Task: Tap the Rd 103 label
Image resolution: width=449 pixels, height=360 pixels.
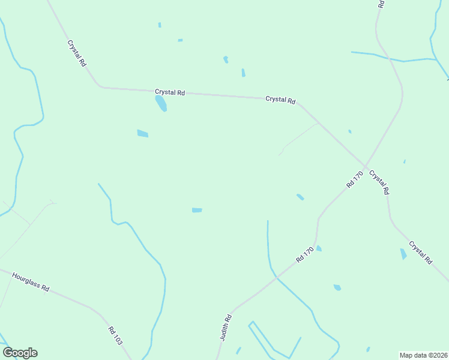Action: [x=115, y=335]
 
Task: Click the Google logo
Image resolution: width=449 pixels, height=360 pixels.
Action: [x=20, y=353]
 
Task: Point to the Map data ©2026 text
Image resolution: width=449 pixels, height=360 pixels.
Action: [x=424, y=355]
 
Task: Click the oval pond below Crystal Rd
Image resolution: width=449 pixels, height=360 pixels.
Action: [x=161, y=104]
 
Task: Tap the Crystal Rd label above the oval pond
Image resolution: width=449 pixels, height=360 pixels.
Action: [x=170, y=92]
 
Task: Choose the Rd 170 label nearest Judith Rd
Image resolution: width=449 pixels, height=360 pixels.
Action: [x=305, y=254]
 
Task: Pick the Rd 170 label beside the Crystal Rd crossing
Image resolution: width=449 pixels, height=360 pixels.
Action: [x=355, y=179]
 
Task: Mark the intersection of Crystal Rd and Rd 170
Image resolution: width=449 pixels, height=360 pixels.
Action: [x=366, y=165]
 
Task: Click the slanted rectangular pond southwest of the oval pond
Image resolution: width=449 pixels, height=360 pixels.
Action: [x=142, y=133]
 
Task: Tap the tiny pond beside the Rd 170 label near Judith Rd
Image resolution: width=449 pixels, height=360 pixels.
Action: [x=319, y=248]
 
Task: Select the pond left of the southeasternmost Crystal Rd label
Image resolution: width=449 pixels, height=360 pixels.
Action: [x=403, y=254]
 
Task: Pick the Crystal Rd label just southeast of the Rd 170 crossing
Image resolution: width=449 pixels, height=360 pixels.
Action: [x=379, y=182]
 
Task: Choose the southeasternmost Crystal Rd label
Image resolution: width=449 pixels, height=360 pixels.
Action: [x=420, y=253]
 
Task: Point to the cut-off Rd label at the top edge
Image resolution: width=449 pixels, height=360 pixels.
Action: [x=381, y=4]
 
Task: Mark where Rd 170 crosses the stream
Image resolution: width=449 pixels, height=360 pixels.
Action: [x=276, y=277]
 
